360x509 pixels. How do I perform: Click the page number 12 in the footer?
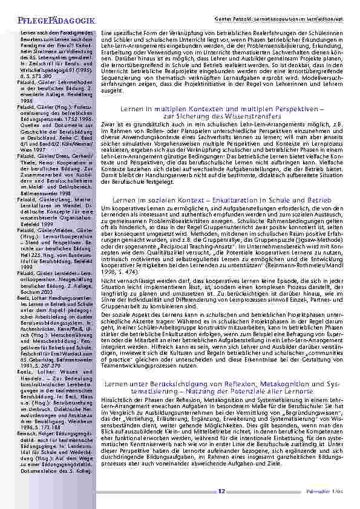click(x=222, y=491)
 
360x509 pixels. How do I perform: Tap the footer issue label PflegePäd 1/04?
click(x=331, y=492)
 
